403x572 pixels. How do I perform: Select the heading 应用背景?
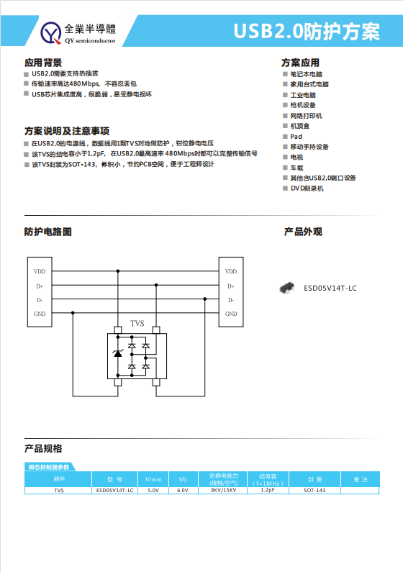pyautogui.click(x=42, y=63)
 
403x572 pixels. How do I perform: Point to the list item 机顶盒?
pyautogui.click(x=300, y=126)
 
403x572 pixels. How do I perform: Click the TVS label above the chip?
pyautogui.click(x=137, y=323)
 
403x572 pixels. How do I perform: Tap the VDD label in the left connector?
pyautogui.click(x=40, y=271)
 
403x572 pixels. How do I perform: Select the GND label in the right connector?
pyautogui.click(x=231, y=314)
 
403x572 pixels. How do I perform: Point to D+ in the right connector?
pyautogui.click(x=231, y=286)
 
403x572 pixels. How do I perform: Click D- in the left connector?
pyautogui.click(x=40, y=300)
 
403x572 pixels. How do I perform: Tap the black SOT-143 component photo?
pyautogui.click(x=288, y=288)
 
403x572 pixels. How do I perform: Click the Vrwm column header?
pyautogui.click(x=153, y=479)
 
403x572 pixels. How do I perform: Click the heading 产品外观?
pyautogui.click(x=303, y=232)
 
